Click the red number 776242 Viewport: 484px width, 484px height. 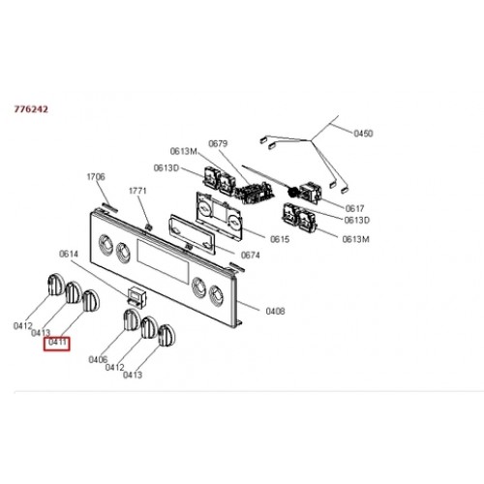(x=31, y=109)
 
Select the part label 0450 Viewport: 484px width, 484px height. (x=363, y=134)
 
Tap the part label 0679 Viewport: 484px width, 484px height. (x=218, y=143)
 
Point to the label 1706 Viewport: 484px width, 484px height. (x=96, y=176)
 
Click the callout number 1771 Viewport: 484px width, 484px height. (x=137, y=191)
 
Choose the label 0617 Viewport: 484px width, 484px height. (x=354, y=208)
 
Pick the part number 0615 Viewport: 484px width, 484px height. (x=280, y=239)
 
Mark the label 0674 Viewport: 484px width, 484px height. (x=251, y=256)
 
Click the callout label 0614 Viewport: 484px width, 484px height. (x=69, y=254)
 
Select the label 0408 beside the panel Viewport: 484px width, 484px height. (x=275, y=311)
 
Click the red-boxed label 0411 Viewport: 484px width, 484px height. (x=57, y=342)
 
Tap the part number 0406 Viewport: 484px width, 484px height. (x=98, y=359)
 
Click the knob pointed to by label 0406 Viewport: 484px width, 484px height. (x=132, y=319)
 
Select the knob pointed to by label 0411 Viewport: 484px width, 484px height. (x=91, y=301)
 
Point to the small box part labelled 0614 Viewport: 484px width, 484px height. (x=137, y=297)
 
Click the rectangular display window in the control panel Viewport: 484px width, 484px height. (x=163, y=262)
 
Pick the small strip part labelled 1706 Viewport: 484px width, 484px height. (x=110, y=207)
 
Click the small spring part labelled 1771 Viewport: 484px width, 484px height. (x=148, y=227)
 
